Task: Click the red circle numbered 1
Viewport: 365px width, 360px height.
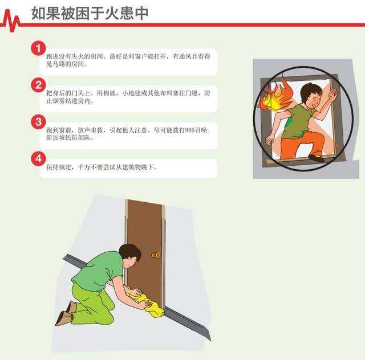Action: point(38,48)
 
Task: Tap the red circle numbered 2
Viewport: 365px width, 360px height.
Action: point(38,85)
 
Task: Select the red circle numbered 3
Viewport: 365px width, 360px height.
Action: point(38,122)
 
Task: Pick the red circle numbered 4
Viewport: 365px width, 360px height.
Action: point(38,158)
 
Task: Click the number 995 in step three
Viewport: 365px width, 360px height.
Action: point(190,130)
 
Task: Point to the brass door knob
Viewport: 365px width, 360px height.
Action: point(156,255)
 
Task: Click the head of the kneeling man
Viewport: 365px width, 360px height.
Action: point(130,255)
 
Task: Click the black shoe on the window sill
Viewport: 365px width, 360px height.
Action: point(317,158)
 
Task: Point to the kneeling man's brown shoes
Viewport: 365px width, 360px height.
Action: point(66,313)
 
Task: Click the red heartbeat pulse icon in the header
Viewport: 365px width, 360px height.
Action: point(10,21)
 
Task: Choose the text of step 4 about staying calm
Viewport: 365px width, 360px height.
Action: point(102,167)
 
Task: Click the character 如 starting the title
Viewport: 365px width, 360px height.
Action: point(39,13)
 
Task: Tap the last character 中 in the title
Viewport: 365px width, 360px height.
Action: point(141,13)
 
